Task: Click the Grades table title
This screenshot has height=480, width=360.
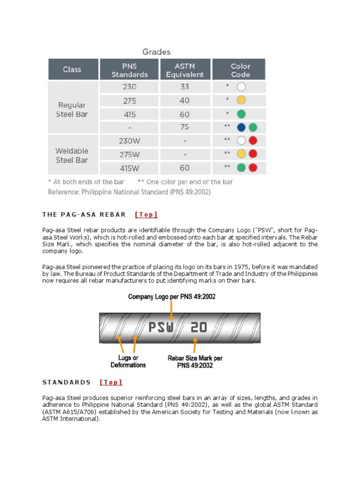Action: coord(156,52)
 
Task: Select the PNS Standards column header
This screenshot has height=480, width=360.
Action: coord(129,70)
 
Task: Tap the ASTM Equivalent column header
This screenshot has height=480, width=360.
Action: coord(185,70)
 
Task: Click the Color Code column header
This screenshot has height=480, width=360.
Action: coord(240,70)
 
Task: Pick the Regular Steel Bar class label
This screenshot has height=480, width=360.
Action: coord(72,109)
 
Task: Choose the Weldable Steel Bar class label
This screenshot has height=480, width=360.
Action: coord(72,155)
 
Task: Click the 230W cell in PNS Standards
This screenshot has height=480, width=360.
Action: coord(129,140)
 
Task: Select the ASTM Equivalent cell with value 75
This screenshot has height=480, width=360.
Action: coord(185,127)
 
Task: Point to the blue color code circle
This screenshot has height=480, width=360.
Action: coord(241,127)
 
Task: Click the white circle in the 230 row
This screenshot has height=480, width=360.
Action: coord(241,87)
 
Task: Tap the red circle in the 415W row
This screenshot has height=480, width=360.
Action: coord(253,168)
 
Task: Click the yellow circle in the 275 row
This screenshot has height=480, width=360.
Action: coord(241,100)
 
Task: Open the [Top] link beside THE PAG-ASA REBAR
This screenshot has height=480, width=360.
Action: coord(146,215)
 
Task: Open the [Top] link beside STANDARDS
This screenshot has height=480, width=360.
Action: coord(111,382)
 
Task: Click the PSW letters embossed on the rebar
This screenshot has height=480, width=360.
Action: coord(161,327)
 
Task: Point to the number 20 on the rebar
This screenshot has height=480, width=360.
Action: coord(198,327)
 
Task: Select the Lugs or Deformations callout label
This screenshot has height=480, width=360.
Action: coord(128,361)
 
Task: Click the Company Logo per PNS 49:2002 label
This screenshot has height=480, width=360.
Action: coord(172,297)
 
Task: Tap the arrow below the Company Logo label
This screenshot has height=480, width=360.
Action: coord(172,310)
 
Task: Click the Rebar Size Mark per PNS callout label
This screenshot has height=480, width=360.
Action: coord(195,361)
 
